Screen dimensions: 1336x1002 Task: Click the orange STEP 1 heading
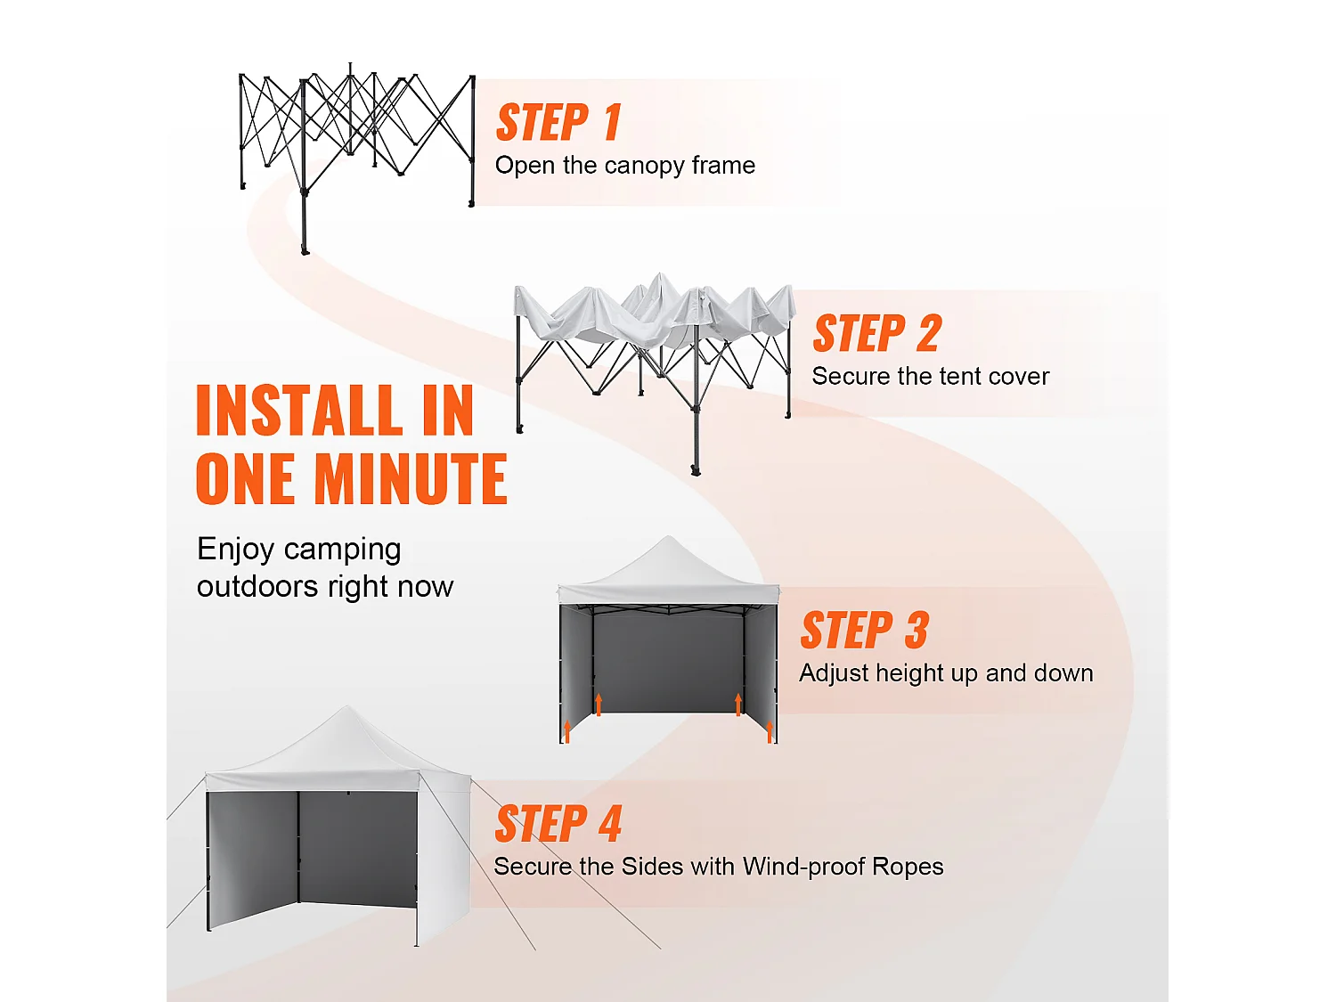tap(558, 122)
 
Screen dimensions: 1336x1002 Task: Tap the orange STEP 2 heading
tap(877, 333)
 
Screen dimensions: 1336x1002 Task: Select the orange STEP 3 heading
tap(864, 631)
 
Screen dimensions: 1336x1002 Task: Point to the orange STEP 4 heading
tap(558, 823)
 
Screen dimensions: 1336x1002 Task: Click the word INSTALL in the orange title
tap(299, 411)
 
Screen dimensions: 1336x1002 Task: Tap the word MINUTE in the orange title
tap(411, 479)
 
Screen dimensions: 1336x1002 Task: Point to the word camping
tap(342, 550)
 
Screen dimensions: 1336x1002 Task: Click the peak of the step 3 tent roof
tap(668, 536)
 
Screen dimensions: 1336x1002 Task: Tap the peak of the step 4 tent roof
tap(347, 707)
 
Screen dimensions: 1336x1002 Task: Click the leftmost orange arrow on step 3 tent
tap(567, 731)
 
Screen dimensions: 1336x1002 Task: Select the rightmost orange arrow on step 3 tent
tap(770, 731)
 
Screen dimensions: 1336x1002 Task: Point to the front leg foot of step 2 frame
tap(696, 470)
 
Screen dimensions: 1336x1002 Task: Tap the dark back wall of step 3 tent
tap(668, 664)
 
